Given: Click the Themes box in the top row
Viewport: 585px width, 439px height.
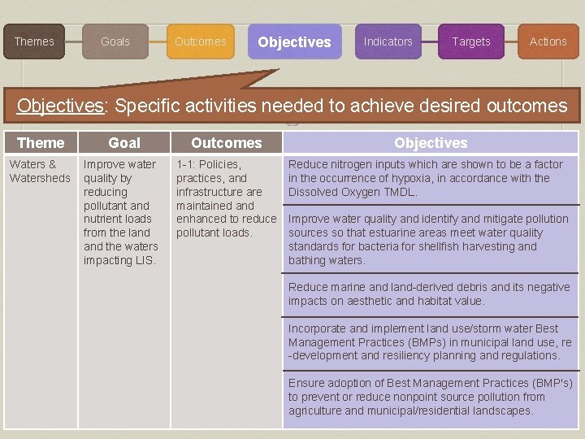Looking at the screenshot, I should (x=34, y=41).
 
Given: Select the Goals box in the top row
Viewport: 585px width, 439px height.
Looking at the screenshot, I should (x=115, y=41).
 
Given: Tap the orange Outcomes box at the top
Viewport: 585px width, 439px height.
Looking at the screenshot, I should (x=200, y=41).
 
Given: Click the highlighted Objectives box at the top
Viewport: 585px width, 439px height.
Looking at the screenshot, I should (x=294, y=41).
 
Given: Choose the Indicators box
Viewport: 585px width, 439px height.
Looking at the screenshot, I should (x=388, y=41).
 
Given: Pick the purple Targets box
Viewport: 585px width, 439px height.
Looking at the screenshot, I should (x=471, y=41).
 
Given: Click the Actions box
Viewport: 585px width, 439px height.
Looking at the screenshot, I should (x=548, y=41).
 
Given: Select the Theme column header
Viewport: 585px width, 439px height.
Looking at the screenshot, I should (x=41, y=143).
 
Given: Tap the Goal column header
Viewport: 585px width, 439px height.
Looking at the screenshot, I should (x=124, y=143).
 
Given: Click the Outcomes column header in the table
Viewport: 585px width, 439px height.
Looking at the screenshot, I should (x=226, y=143).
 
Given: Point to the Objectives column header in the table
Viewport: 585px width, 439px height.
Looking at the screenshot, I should (x=431, y=143).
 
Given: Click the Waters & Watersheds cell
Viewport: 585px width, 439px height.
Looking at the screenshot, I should (x=39, y=172).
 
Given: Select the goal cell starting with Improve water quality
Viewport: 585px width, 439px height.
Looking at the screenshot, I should (x=122, y=212).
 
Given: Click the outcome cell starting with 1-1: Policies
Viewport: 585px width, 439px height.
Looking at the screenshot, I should (x=225, y=198).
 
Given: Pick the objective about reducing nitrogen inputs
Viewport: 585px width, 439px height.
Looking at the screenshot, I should (x=426, y=178).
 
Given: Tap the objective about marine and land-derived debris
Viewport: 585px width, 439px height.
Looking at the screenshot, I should (x=429, y=294).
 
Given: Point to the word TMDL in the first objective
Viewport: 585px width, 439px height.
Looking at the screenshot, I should (x=403, y=193).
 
